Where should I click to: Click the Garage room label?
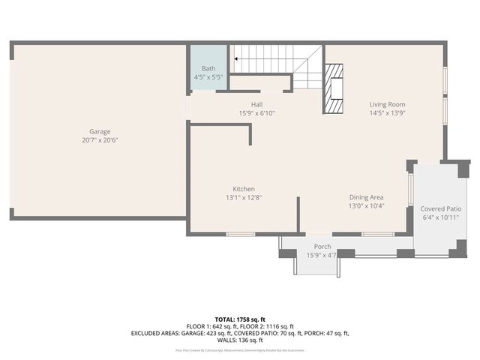tap(100, 130)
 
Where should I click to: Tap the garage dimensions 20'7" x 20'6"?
tap(100, 140)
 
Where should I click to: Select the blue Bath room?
tap(208, 68)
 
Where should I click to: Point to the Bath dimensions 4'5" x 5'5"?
tap(208, 77)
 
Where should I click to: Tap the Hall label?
tap(256, 104)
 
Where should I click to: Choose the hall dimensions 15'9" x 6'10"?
tap(256, 113)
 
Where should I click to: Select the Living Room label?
tap(387, 104)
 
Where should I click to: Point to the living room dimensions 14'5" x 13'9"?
tap(387, 113)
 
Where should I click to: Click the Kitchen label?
tap(244, 189)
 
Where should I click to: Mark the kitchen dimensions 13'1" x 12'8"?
tap(244, 198)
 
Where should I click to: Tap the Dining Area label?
tap(366, 196)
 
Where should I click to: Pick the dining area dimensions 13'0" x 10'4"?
tap(366, 205)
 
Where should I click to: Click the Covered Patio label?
tap(440, 208)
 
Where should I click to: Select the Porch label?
tap(322, 247)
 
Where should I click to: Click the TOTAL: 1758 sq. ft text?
tap(240, 319)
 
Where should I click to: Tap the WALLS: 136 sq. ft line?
tap(240, 340)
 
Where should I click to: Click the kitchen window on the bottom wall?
tap(240, 234)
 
